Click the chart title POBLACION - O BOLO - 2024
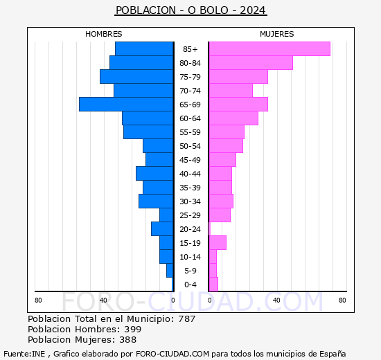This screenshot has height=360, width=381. (x=190, y=10)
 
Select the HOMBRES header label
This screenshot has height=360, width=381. (x=104, y=34)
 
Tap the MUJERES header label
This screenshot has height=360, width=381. (x=276, y=34)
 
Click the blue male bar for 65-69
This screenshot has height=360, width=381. (x=125, y=104)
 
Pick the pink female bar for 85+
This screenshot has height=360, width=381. (x=269, y=48)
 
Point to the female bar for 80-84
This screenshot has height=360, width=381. (x=250, y=62)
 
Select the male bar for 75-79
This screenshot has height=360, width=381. (x=136, y=76)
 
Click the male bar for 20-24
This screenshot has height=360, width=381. (x=161, y=228)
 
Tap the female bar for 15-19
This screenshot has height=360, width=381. (x=218, y=242)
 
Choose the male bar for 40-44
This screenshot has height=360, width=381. (x=154, y=173)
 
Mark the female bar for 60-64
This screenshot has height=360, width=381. (x=233, y=118)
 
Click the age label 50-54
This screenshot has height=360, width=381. (x=190, y=146)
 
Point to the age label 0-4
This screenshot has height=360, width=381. (x=190, y=285)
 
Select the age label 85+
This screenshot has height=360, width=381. (x=190, y=49)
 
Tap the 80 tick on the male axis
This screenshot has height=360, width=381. (x=38, y=300)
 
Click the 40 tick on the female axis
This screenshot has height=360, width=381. (x=276, y=300)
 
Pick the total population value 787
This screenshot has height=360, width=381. (x=186, y=318)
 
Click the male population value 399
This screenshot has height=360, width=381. (x=132, y=329)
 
